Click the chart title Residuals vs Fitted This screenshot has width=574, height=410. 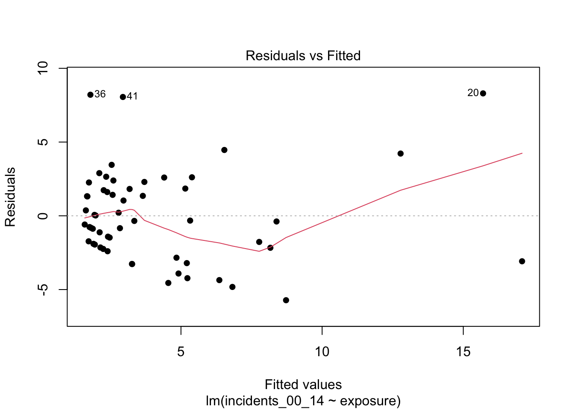(303, 56)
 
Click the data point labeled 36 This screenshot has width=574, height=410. (91, 95)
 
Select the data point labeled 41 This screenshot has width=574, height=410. (123, 97)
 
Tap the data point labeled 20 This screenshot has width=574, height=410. (483, 94)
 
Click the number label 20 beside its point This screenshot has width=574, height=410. (473, 93)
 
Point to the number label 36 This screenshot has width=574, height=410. (100, 94)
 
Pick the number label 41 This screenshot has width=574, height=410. (132, 97)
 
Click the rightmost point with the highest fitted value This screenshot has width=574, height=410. (522, 261)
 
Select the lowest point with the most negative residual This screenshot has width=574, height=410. (286, 300)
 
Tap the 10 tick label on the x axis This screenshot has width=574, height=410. (322, 352)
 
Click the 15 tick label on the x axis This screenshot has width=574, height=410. (463, 352)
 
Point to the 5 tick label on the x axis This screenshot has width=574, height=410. (181, 352)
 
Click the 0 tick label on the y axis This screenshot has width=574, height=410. (43, 216)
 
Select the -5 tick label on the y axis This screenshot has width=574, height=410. (43, 290)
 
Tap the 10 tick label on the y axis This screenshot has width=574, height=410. (43, 68)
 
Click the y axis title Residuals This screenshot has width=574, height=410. (10, 197)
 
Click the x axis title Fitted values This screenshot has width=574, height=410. (303, 385)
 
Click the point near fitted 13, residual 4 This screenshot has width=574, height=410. (401, 154)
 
